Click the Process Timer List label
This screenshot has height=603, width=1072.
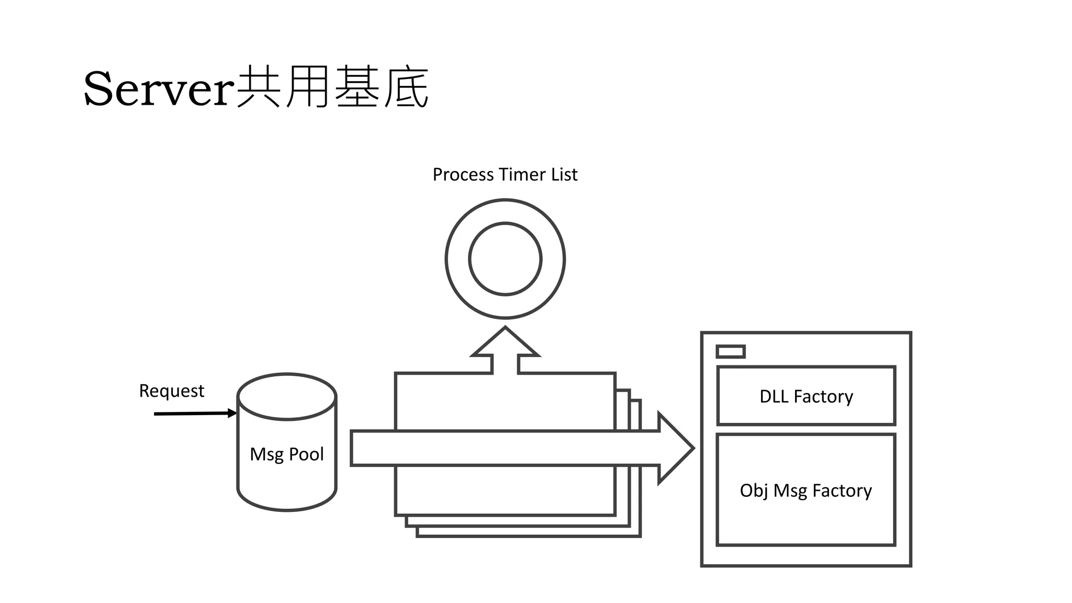(505, 174)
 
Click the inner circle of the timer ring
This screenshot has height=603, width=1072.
(505, 259)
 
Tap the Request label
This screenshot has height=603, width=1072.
(171, 391)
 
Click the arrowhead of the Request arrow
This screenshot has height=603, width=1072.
(232, 413)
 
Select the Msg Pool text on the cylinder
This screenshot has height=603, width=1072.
(286, 454)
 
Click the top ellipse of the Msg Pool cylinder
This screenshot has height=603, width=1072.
(286, 397)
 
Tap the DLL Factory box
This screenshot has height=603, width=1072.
(806, 396)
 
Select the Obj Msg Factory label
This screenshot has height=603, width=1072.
(806, 490)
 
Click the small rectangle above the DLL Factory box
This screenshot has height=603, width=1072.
(730, 351)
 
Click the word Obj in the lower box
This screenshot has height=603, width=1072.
(754, 490)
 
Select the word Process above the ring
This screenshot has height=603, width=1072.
(463, 174)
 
